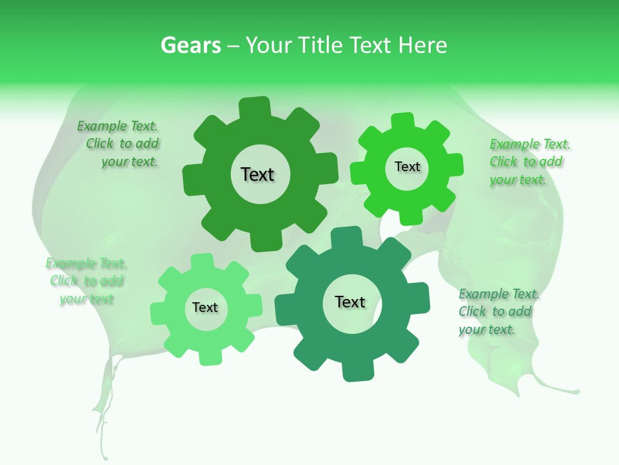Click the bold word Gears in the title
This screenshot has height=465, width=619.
[x=190, y=45]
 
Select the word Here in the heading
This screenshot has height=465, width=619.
[x=422, y=45]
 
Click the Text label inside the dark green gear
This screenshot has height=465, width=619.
[x=257, y=174]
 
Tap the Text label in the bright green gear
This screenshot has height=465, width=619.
[x=407, y=167]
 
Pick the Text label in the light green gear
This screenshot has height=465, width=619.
[x=205, y=308]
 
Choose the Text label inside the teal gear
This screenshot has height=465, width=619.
[x=350, y=302]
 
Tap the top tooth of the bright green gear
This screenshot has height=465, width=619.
[x=403, y=121]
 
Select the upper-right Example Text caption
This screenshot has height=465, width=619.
[x=529, y=161]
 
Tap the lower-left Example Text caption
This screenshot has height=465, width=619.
[x=86, y=281]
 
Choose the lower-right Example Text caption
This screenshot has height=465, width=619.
[x=499, y=311]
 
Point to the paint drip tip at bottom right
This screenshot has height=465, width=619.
[x=576, y=391]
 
